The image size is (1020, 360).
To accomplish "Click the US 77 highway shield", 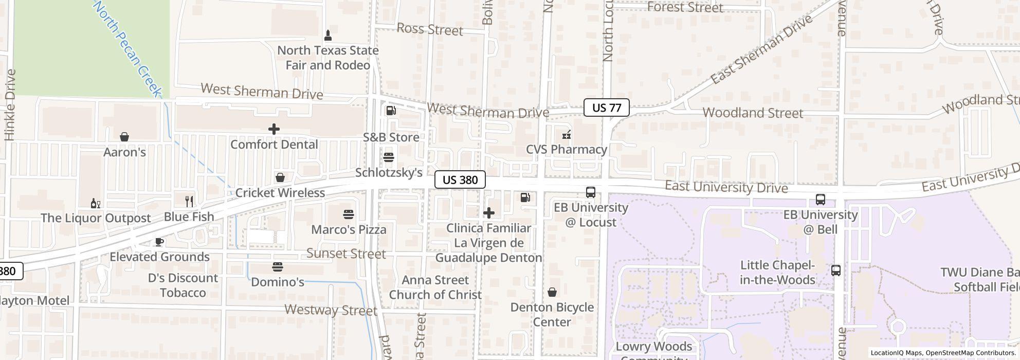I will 607,107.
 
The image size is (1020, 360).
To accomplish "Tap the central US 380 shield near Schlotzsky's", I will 460,179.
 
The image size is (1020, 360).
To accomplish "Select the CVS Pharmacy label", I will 566,149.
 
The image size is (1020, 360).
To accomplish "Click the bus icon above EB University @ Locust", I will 591,192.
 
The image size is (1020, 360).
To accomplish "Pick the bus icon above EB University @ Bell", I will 820,200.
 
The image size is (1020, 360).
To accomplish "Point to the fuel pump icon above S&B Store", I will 391,111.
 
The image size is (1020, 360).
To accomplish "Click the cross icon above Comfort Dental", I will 274,129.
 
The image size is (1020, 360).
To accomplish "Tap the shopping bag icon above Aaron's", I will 124,137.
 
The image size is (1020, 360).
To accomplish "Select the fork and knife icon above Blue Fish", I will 189,201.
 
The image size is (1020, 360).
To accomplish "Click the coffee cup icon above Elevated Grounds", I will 159,242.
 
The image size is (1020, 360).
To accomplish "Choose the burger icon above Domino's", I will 278,267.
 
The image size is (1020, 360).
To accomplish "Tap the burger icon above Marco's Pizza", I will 349,214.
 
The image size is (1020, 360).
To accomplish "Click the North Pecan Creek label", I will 128,49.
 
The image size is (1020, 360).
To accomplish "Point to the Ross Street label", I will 430,30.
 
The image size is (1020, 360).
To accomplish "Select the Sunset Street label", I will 346,254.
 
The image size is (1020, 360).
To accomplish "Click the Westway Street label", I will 331,310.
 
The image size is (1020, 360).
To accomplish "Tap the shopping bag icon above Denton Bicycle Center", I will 552,292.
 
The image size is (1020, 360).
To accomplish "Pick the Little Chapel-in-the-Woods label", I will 777,273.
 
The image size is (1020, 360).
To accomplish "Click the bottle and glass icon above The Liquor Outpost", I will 95,203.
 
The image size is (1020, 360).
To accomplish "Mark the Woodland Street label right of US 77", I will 752,113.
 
